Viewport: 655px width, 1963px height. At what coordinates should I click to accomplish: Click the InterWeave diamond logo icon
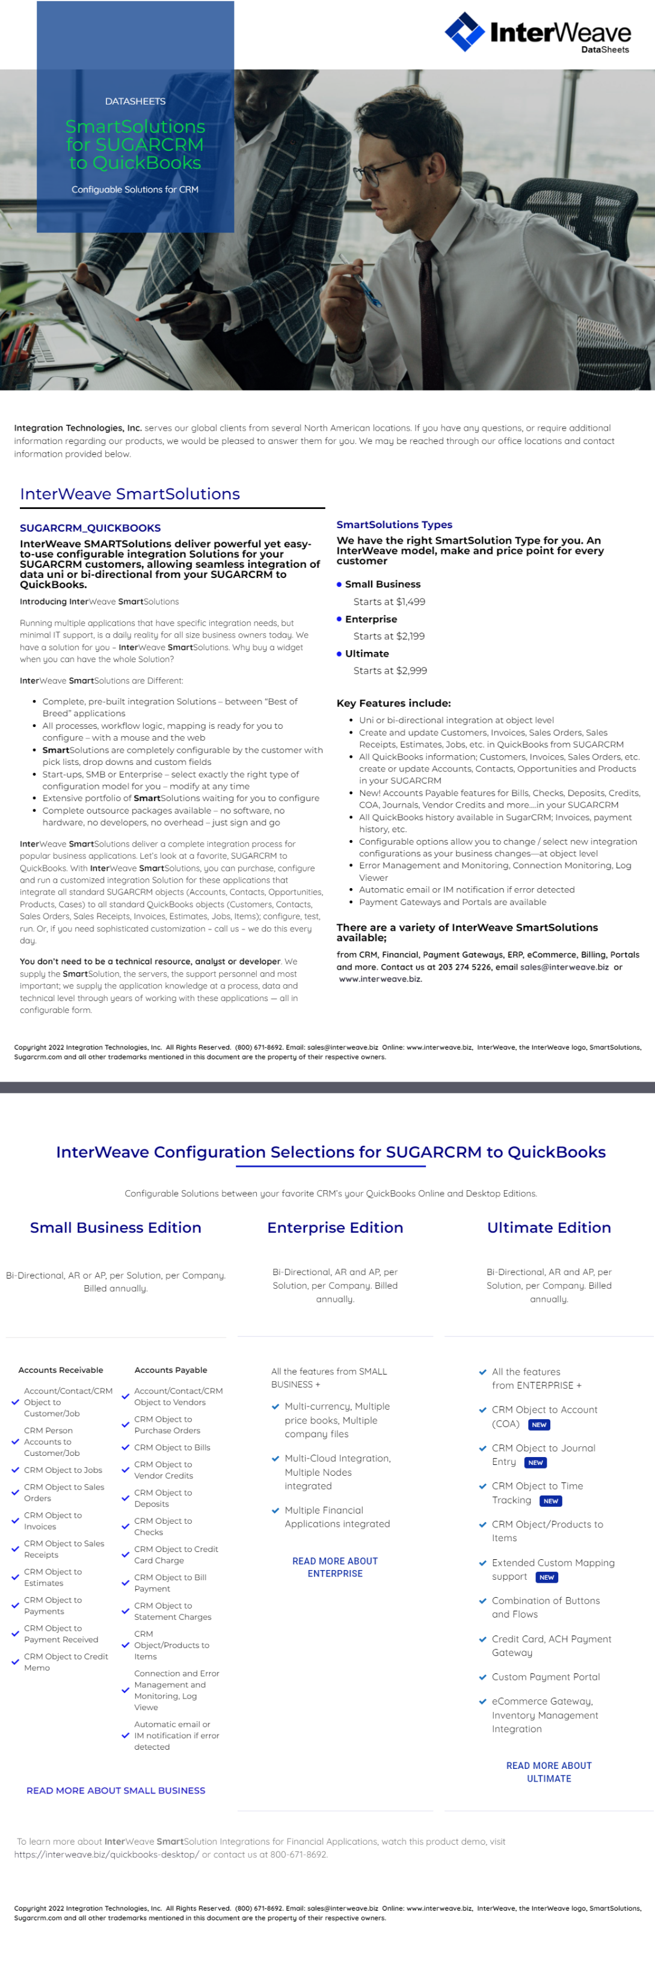point(464,31)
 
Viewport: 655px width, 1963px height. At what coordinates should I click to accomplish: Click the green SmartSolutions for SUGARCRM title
point(135,144)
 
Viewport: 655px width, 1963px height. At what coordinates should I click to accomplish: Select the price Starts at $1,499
point(389,601)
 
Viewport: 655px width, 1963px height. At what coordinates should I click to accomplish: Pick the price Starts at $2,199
point(389,636)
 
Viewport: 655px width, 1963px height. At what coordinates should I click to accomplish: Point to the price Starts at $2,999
point(390,670)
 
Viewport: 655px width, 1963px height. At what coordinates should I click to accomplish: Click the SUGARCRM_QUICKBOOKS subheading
point(90,528)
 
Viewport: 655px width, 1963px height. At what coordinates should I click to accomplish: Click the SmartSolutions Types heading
point(394,525)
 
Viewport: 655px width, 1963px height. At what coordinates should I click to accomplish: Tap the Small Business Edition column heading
point(116,1227)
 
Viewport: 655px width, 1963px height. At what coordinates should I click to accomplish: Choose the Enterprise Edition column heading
point(335,1227)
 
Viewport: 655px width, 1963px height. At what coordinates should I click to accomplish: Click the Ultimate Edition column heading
point(549,1227)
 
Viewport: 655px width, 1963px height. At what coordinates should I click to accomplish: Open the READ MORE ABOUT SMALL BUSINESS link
point(116,1790)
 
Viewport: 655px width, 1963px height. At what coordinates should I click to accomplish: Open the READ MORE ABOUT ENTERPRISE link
point(335,1567)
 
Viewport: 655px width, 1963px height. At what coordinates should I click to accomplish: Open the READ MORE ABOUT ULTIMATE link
point(549,1772)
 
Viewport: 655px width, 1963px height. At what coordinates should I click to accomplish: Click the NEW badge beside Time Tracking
point(550,1500)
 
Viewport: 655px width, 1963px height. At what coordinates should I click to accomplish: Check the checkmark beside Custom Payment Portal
point(482,1676)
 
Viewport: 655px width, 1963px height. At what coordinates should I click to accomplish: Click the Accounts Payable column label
point(171,1369)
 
